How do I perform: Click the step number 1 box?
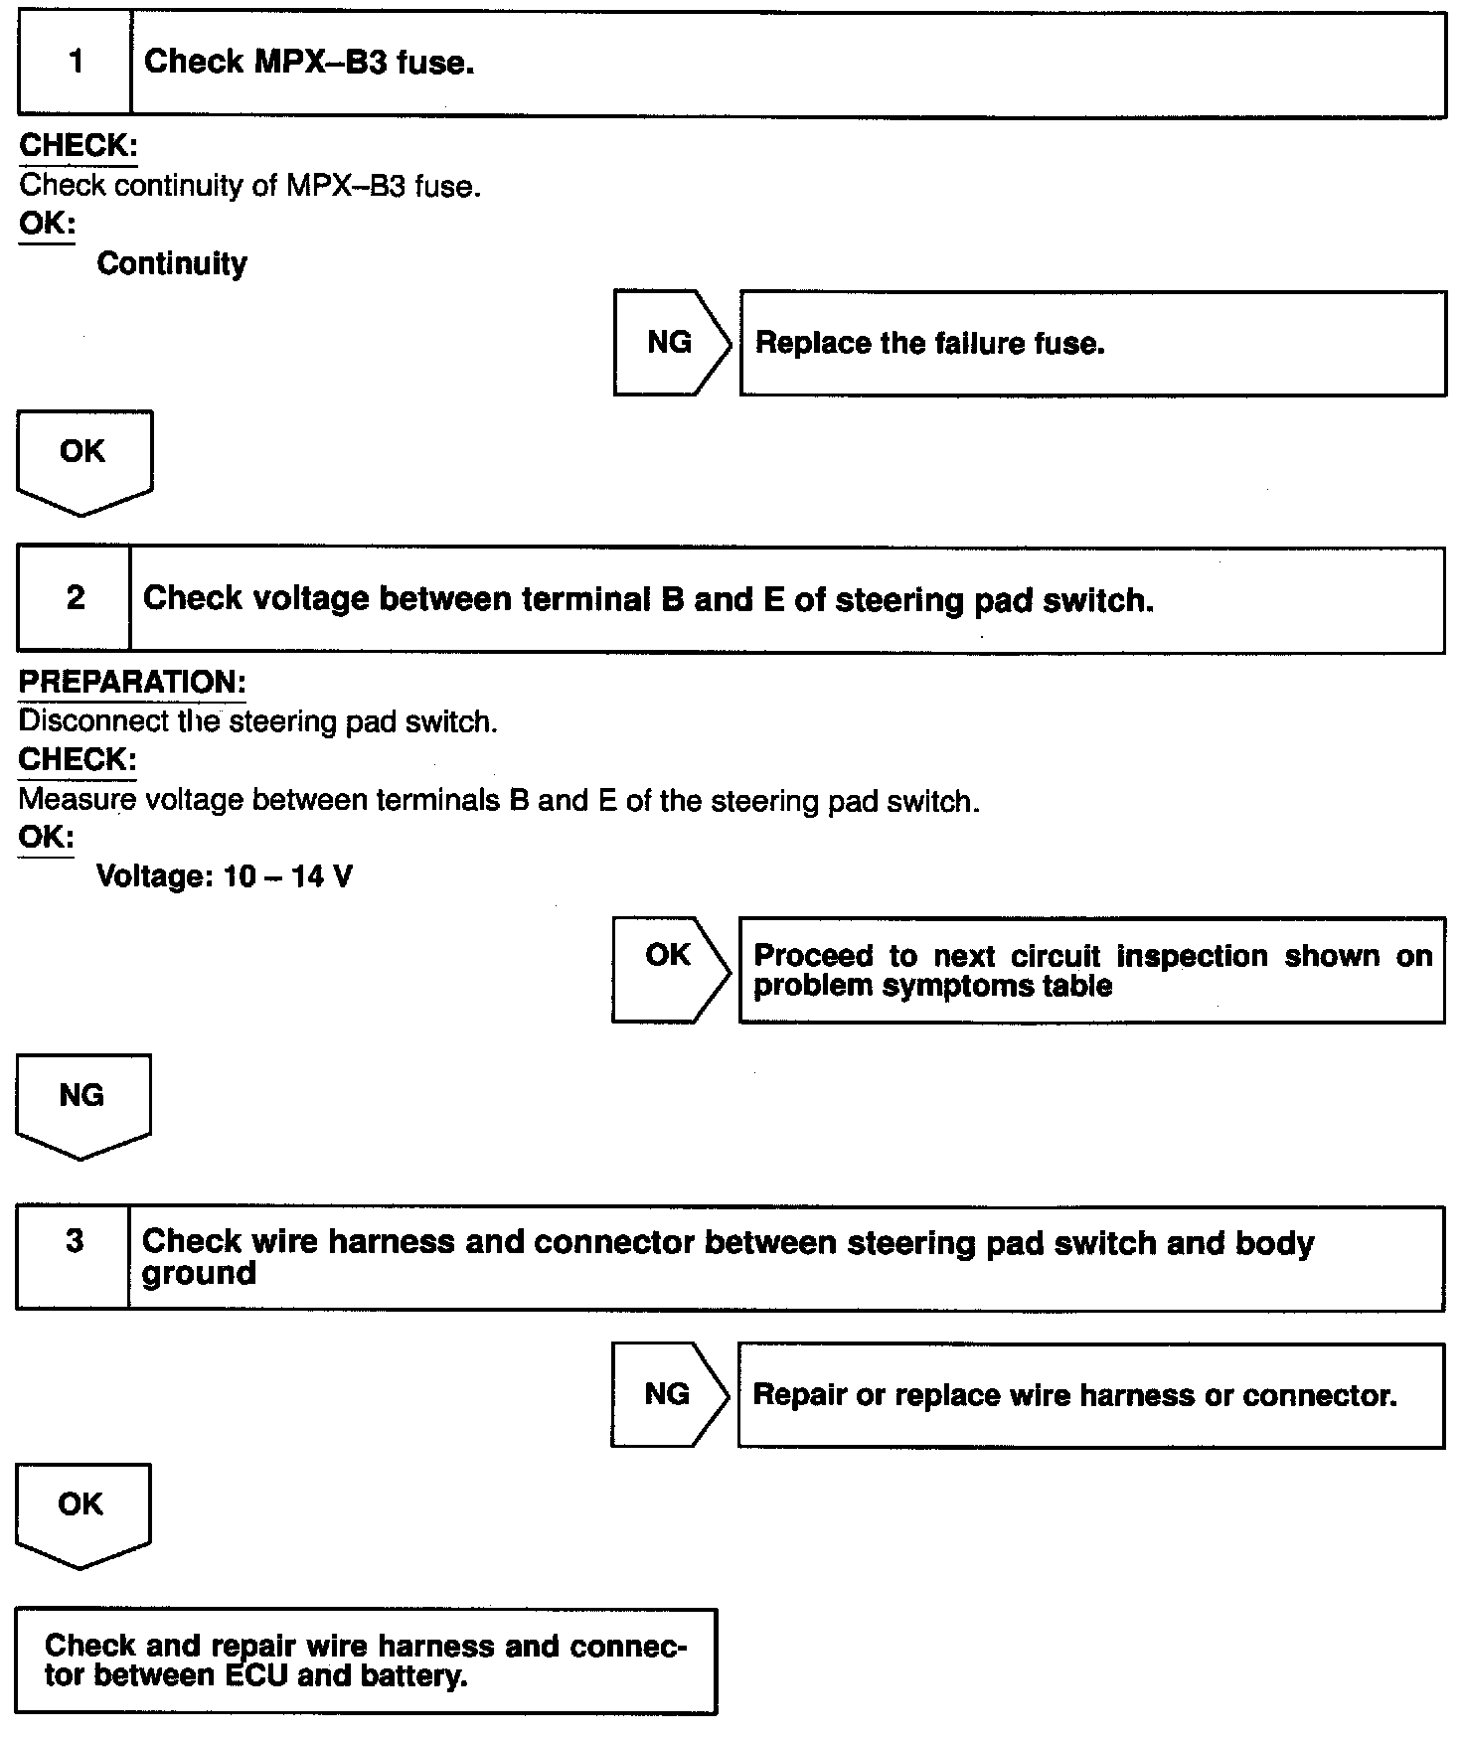76,63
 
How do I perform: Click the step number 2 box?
75,598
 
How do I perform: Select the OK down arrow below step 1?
83,457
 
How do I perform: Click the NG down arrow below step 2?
82,1101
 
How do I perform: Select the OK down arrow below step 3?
81,1509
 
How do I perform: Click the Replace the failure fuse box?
1091,344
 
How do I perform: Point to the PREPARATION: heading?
132,683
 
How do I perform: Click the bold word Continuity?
172,264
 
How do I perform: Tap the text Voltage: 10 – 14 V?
224,877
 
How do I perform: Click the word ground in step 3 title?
199,1274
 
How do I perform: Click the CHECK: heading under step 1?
79,146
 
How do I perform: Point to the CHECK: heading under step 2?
78,760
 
